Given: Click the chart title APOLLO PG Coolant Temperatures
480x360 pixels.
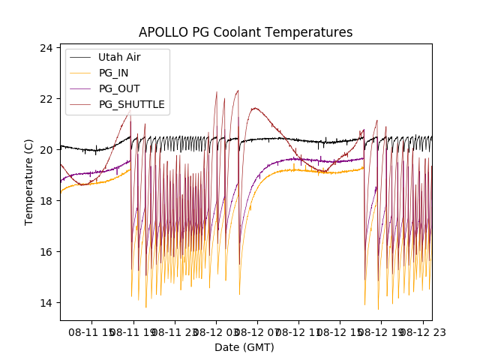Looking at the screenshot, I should pos(245,32).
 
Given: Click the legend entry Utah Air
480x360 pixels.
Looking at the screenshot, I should pos(119,57).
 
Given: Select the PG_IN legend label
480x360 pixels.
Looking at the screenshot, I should pos(115,73).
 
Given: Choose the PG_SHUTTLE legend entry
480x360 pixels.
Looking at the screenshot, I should pos(131,104).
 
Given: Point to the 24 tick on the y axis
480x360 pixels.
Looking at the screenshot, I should pos(46,48).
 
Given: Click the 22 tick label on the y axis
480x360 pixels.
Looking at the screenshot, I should pos(46,99).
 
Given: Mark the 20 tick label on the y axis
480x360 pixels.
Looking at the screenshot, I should pos(46,150).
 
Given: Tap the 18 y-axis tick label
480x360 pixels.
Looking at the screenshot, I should pos(46,201).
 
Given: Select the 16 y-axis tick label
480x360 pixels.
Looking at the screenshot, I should pos(46,252).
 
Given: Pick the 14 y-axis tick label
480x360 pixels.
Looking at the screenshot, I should pos(46,303).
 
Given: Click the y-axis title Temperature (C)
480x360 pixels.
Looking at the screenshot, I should pos(30,182).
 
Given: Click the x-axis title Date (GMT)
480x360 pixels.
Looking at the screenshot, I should pos(244,347).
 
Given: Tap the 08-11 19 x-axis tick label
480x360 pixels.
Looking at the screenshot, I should pos(133,331).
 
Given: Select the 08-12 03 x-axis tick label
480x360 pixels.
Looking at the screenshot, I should pos(216,331).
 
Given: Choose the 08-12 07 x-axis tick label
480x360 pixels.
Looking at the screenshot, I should pos(257,331).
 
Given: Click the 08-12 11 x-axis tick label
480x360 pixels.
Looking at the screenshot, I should pos(298,331).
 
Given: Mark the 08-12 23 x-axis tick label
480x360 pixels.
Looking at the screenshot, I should pos(422,331).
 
